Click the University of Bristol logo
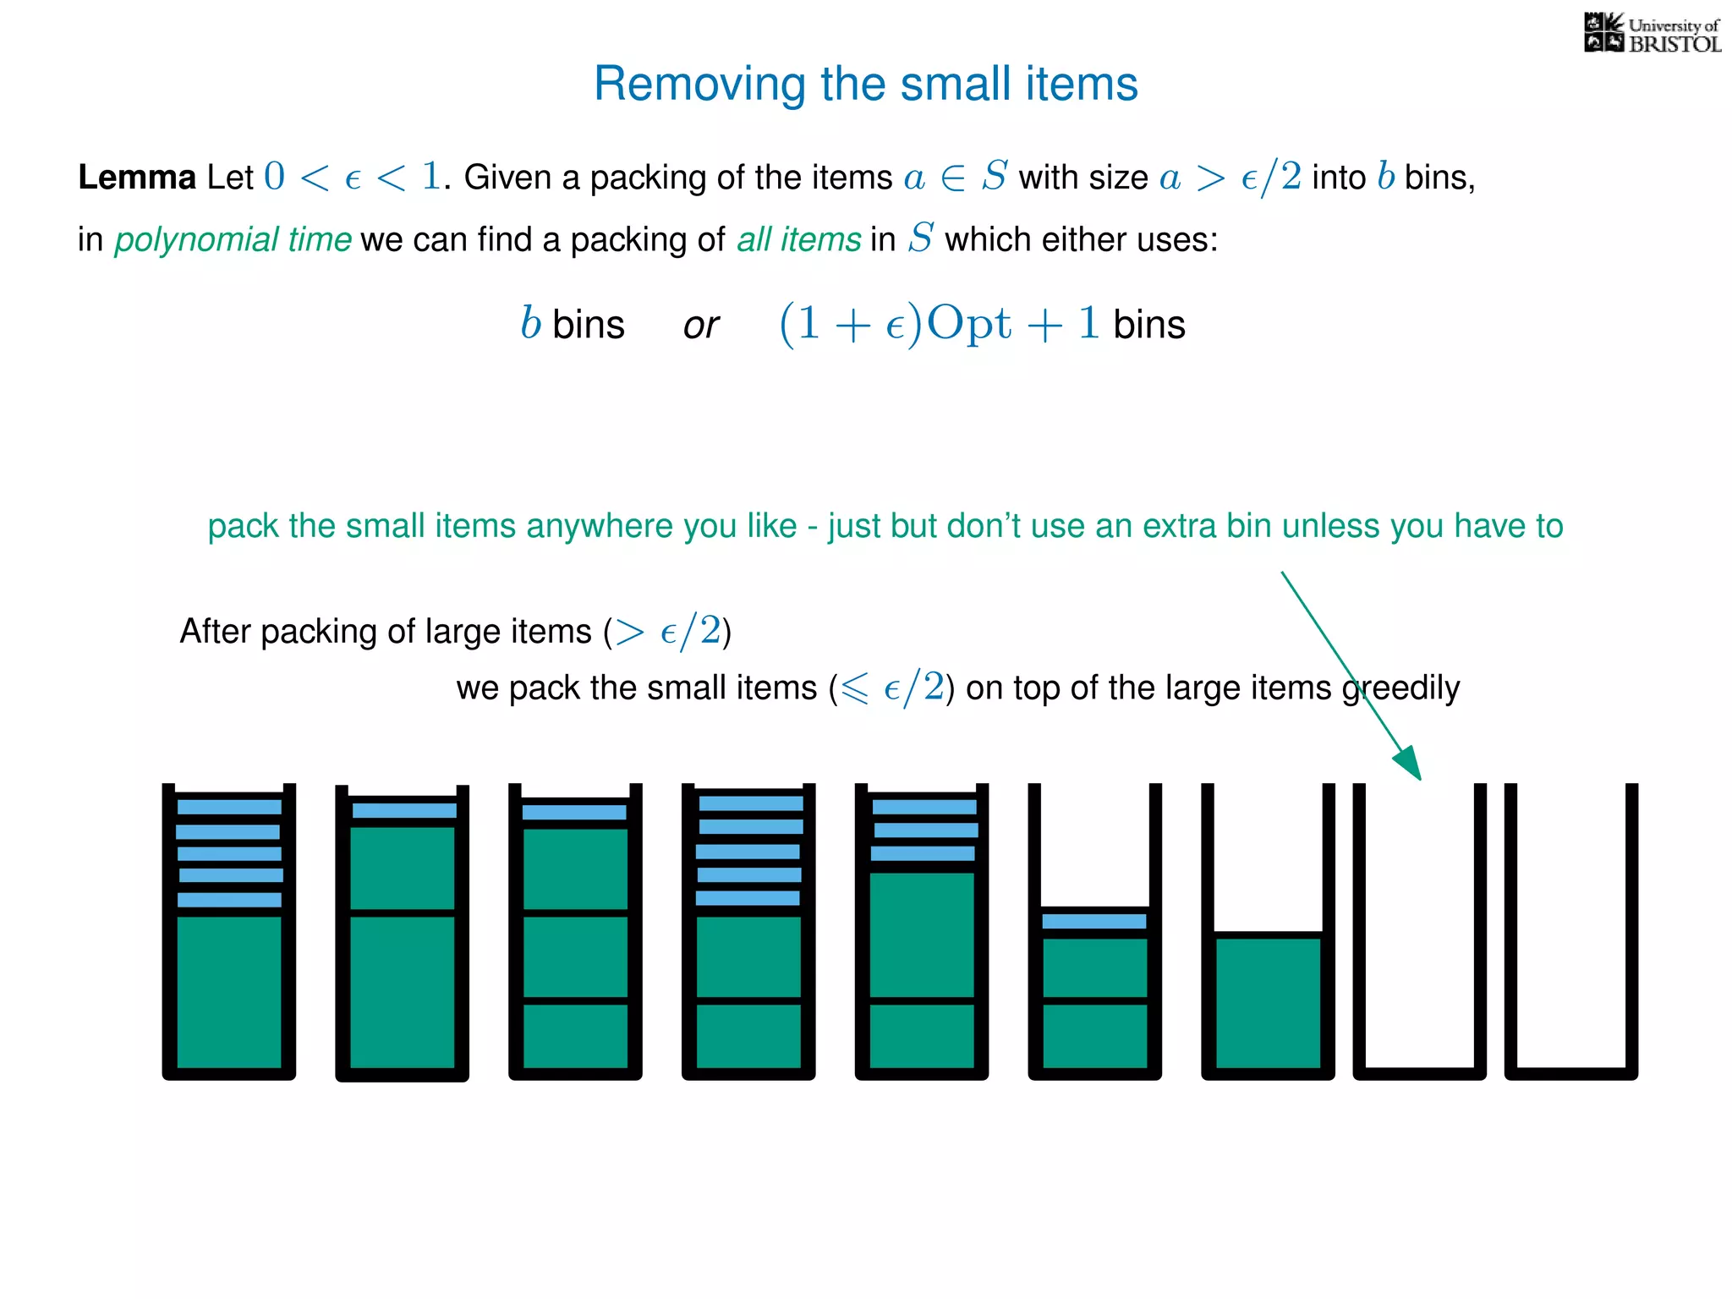pyautogui.click(x=1652, y=34)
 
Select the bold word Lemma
pyautogui.click(x=137, y=178)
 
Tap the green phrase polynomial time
pyautogui.click(x=233, y=239)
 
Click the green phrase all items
pyautogui.click(x=798, y=239)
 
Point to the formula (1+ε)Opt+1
pyautogui.click(x=939, y=324)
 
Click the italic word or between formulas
pyautogui.click(x=701, y=326)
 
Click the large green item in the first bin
pyautogui.click(x=229, y=991)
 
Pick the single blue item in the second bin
pyautogui.click(x=403, y=810)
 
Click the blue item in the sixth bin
pyautogui.click(x=1093, y=921)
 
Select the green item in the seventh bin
pyautogui.click(x=1267, y=1002)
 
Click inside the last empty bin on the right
pyautogui.click(x=1570, y=930)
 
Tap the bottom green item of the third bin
pyautogui.click(x=575, y=1035)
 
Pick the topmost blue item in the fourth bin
pyautogui.click(x=750, y=803)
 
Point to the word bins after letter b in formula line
pyautogui.click(x=588, y=326)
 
